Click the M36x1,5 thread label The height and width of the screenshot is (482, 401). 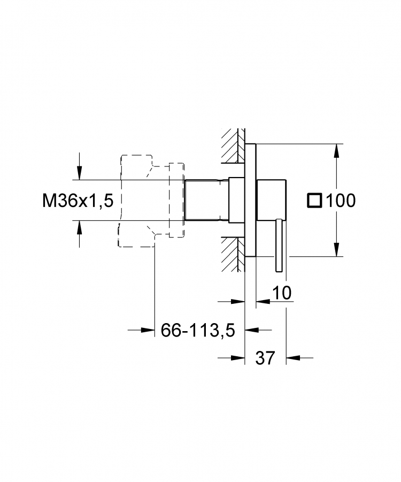coord(78,201)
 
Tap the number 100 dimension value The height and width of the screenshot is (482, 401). coord(341,201)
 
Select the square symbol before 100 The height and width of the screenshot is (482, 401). coord(314,201)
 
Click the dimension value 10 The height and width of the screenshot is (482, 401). coord(282,293)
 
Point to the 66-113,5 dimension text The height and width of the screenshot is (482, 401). coord(198,331)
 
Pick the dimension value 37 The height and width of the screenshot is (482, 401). coord(265,358)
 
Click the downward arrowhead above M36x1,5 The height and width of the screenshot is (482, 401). coord(80,173)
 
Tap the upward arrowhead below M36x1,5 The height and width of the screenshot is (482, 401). coord(80,227)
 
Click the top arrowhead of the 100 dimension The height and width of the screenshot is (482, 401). coord(337,151)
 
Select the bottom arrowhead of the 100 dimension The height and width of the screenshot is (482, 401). coord(337,249)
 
